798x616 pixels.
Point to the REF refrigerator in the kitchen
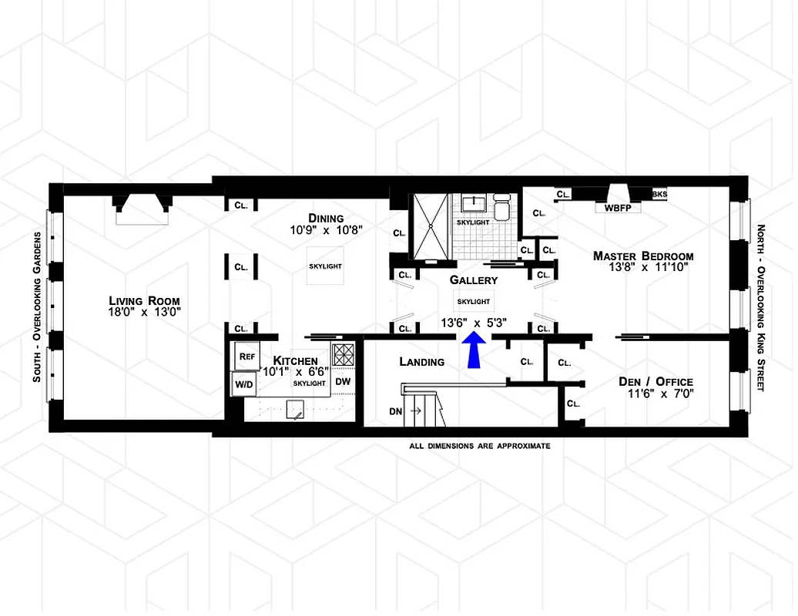[246, 357]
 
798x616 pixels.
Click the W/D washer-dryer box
[243, 382]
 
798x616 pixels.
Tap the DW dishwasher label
[344, 381]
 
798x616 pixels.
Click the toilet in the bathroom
[502, 209]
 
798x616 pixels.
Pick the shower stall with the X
[432, 226]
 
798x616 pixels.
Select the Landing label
[421, 361]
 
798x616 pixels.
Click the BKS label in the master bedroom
[659, 194]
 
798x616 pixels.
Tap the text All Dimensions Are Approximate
[480, 446]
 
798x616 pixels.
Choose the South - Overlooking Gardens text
[36, 308]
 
